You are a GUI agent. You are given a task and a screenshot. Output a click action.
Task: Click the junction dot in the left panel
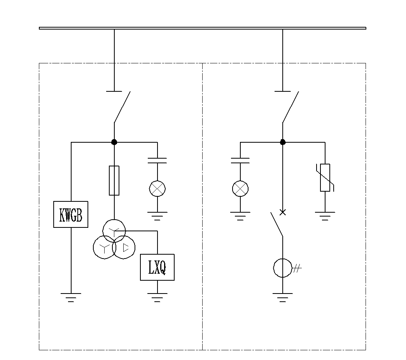(114, 142)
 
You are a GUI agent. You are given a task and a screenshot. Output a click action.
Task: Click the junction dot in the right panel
(283, 142)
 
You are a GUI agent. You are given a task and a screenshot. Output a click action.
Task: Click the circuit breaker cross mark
(283, 212)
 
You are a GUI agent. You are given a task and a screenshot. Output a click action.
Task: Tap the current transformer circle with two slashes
(273, 268)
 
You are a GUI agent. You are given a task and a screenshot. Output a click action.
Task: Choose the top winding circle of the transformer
(103, 231)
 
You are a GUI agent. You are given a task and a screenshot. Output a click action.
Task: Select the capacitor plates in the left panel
(157, 161)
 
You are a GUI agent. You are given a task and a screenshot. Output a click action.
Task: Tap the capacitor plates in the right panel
(240, 161)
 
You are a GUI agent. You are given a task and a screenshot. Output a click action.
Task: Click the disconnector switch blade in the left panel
(122, 107)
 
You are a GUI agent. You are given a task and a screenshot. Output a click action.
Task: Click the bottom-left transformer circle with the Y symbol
(93, 248)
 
